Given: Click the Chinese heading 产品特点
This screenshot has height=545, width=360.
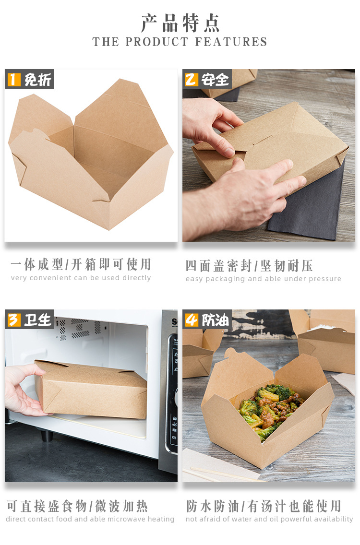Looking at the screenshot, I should tap(180, 23).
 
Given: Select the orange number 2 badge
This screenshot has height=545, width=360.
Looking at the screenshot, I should tap(191, 79).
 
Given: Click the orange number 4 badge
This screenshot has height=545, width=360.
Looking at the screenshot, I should tap(192, 320).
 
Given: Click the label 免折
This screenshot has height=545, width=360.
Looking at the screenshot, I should tap(37, 79).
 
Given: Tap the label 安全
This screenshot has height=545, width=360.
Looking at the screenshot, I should tap(215, 79).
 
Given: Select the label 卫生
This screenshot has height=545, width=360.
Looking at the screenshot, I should tap(37, 320).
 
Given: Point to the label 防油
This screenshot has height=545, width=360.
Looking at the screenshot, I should tap(215, 320).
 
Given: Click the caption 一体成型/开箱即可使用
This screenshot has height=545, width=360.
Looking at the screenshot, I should tap(81, 264).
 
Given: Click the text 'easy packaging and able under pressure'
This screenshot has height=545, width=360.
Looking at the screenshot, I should tap(263, 279).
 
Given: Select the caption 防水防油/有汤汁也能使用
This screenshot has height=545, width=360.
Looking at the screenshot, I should tap(264, 506).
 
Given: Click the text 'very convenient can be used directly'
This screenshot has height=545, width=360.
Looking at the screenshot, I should tap(81, 278).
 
